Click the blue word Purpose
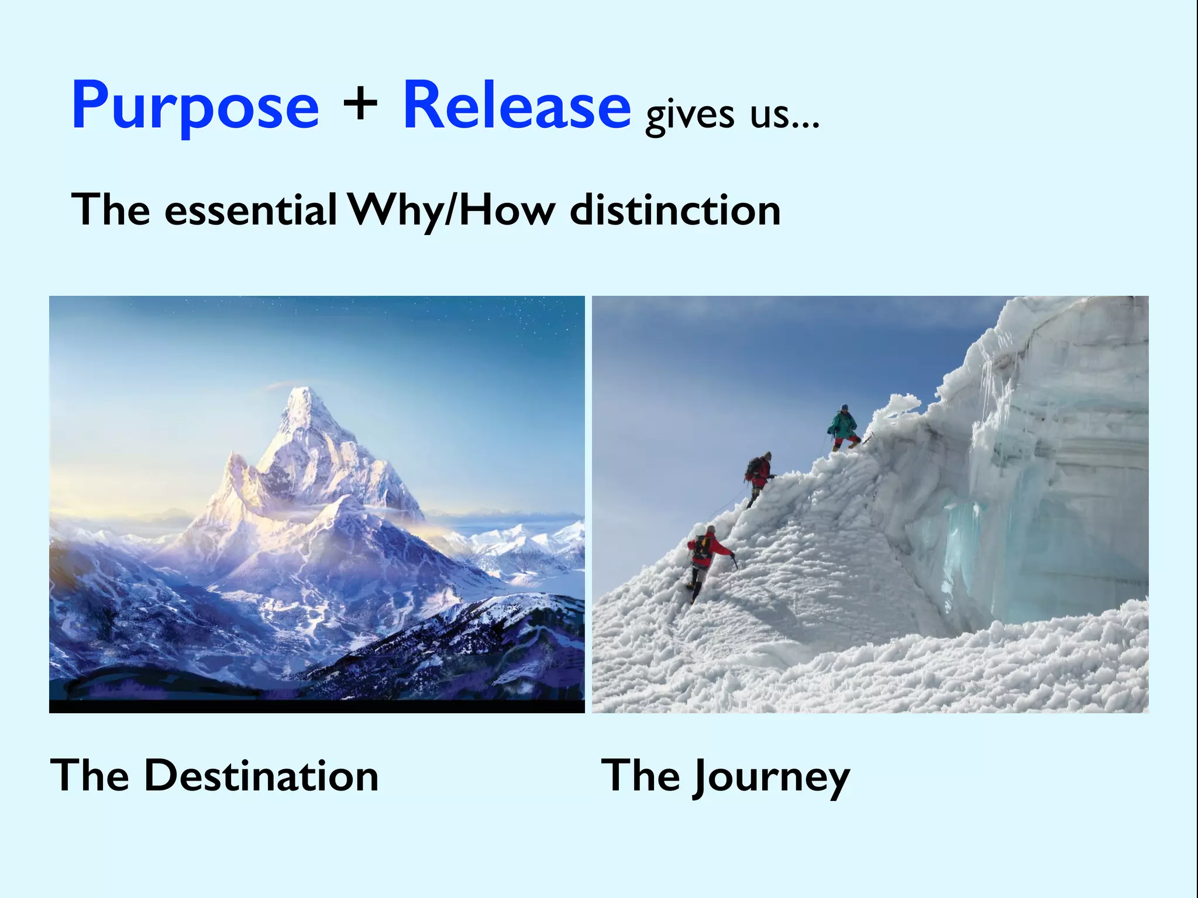(x=195, y=107)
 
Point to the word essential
(x=250, y=210)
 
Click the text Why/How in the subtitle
(x=450, y=212)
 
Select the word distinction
(x=675, y=210)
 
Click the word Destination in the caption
(x=261, y=776)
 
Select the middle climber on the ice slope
(x=759, y=476)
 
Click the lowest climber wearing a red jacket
(x=705, y=558)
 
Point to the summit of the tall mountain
(x=305, y=390)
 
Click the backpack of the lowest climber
(x=700, y=547)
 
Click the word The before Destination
(x=89, y=776)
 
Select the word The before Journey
(x=640, y=776)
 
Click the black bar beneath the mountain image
(x=316, y=706)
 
